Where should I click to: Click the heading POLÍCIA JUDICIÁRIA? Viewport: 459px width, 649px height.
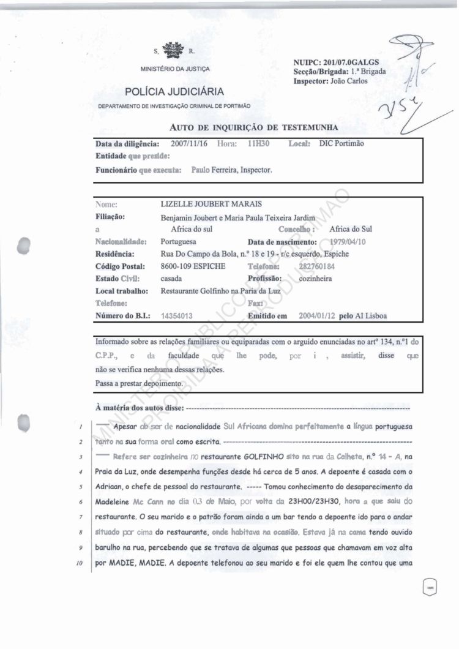coord(174,92)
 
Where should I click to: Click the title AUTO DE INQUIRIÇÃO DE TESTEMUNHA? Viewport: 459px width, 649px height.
coord(253,127)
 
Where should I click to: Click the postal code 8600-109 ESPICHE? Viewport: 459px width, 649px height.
coord(193,266)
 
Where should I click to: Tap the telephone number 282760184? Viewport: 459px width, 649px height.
coord(316,266)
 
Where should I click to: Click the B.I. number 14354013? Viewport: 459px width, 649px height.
coord(177,317)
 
